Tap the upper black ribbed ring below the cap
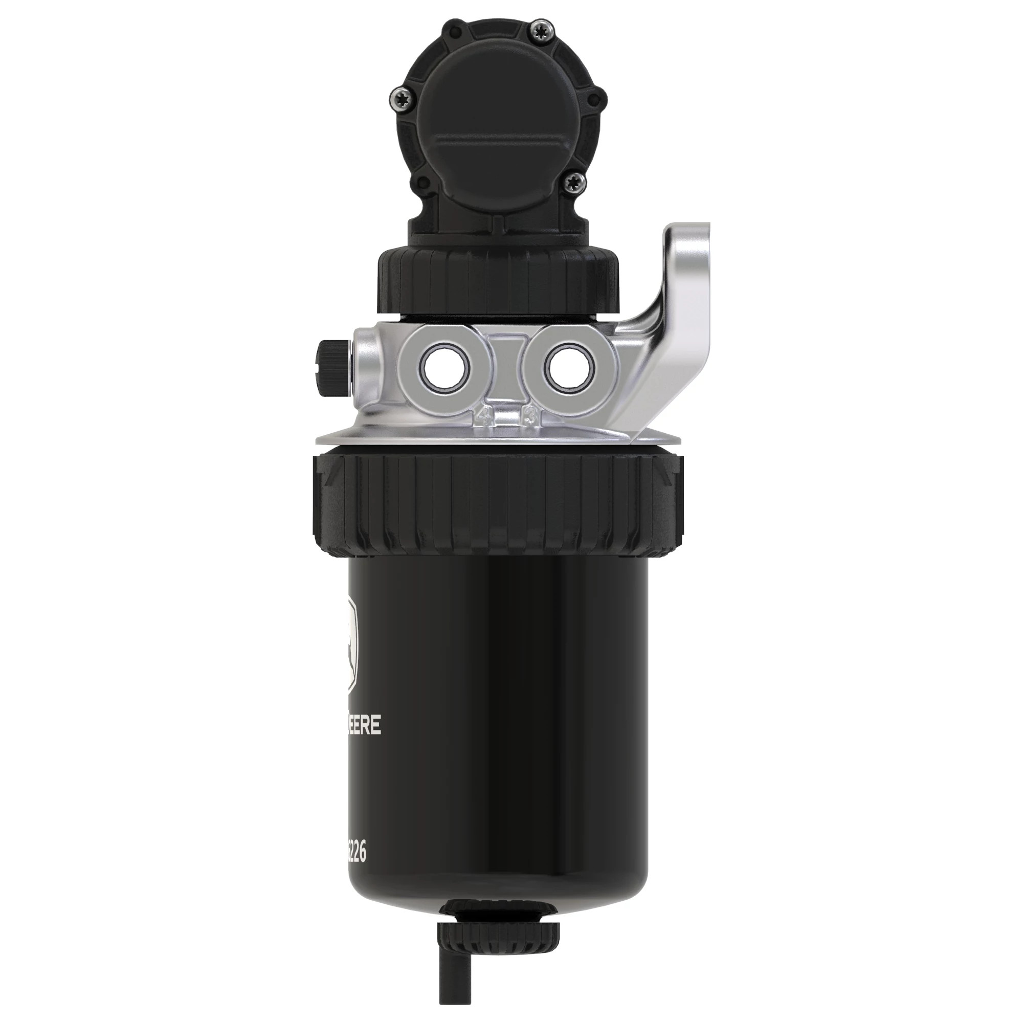pyautogui.click(x=498, y=281)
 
